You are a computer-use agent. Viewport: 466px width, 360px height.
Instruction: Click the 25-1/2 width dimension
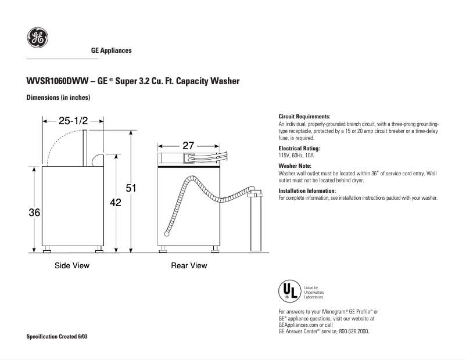click(73, 121)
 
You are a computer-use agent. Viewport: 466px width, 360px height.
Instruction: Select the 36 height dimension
click(34, 213)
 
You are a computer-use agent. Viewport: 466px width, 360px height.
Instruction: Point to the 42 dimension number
click(116, 202)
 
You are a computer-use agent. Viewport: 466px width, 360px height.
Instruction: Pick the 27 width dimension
click(188, 146)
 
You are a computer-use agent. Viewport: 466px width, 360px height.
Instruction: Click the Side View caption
click(72, 266)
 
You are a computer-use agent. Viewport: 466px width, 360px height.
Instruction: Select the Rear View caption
click(189, 266)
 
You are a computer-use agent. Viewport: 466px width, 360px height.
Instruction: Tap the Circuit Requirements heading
click(304, 117)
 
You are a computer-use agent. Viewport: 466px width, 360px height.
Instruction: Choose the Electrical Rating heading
click(299, 149)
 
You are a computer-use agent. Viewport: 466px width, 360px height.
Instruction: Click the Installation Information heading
click(307, 191)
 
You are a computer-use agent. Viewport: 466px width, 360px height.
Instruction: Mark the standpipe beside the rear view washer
click(255, 224)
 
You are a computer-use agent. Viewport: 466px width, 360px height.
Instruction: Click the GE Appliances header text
click(112, 51)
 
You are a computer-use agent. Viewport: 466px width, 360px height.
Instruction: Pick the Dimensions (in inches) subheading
click(58, 98)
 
